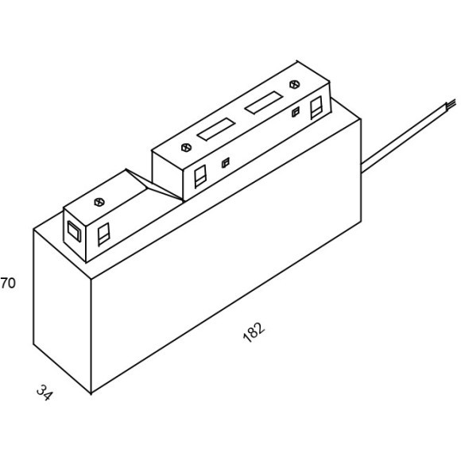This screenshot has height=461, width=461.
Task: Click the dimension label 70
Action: coord(8,283)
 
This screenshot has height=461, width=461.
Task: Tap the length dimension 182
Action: coord(254,332)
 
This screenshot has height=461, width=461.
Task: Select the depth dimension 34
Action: coord(45,393)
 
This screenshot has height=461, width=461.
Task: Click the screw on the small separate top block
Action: coord(99,202)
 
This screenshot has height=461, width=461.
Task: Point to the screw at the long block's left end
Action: coord(186,147)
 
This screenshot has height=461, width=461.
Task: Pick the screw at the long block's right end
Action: coord(294,84)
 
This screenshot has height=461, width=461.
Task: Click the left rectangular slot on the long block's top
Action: coord(217,130)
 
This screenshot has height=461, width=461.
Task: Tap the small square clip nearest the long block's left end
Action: coord(226,163)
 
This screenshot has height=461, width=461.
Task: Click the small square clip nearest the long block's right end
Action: coord(296,112)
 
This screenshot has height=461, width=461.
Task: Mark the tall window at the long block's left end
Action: coord(200,176)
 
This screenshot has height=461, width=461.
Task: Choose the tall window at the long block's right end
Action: coord(316,107)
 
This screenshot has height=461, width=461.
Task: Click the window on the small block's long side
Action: coord(103,234)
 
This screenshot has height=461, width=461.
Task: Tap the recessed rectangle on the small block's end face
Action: coord(74,231)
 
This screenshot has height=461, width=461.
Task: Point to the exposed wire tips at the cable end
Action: coord(451,103)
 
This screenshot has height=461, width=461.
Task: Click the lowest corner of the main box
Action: coord(91,393)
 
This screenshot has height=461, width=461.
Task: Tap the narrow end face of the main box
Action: coord(62,311)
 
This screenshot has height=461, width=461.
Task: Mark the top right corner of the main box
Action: coord(361,119)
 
